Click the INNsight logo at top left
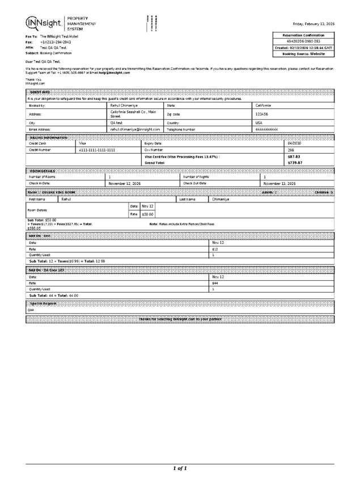click(44, 23)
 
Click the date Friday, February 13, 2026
click(313, 24)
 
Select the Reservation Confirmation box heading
click(303, 35)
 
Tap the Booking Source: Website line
click(303, 54)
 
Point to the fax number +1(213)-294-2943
click(55, 42)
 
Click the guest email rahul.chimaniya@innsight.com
click(135, 129)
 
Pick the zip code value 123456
click(262, 114)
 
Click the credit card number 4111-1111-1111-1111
click(97, 150)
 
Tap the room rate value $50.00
click(148, 214)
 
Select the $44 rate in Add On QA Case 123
click(215, 282)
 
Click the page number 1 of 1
click(180, 468)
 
